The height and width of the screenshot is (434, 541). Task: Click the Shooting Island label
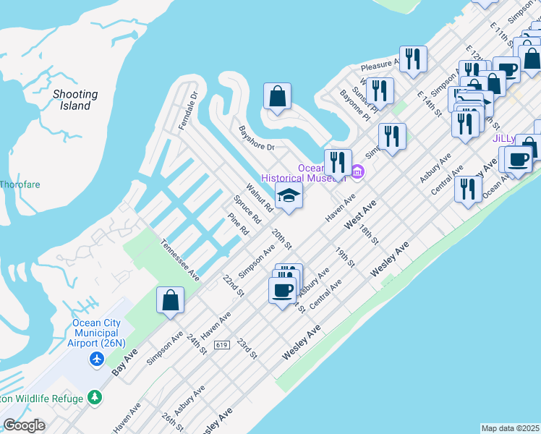point(75,100)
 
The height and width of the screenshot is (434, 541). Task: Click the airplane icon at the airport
point(97,359)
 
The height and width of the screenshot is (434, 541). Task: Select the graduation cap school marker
point(289,195)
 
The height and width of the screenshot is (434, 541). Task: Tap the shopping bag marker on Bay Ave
point(170,300)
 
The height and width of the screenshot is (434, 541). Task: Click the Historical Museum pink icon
point(357,171)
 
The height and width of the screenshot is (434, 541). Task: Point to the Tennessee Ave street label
point(179,259)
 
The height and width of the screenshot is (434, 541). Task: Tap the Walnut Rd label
point(259,197)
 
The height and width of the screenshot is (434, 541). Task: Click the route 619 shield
point(222,345)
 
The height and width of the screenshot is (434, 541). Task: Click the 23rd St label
point(247,348)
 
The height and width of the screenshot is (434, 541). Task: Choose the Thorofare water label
point(20,184)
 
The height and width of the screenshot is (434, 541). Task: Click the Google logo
point(25,425)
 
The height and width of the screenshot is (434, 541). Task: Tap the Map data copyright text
point(511,428)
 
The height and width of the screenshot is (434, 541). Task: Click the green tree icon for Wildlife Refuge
point(94,397)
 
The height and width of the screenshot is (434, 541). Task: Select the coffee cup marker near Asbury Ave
point(282,290)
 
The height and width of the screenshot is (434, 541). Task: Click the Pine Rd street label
point(238,224)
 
